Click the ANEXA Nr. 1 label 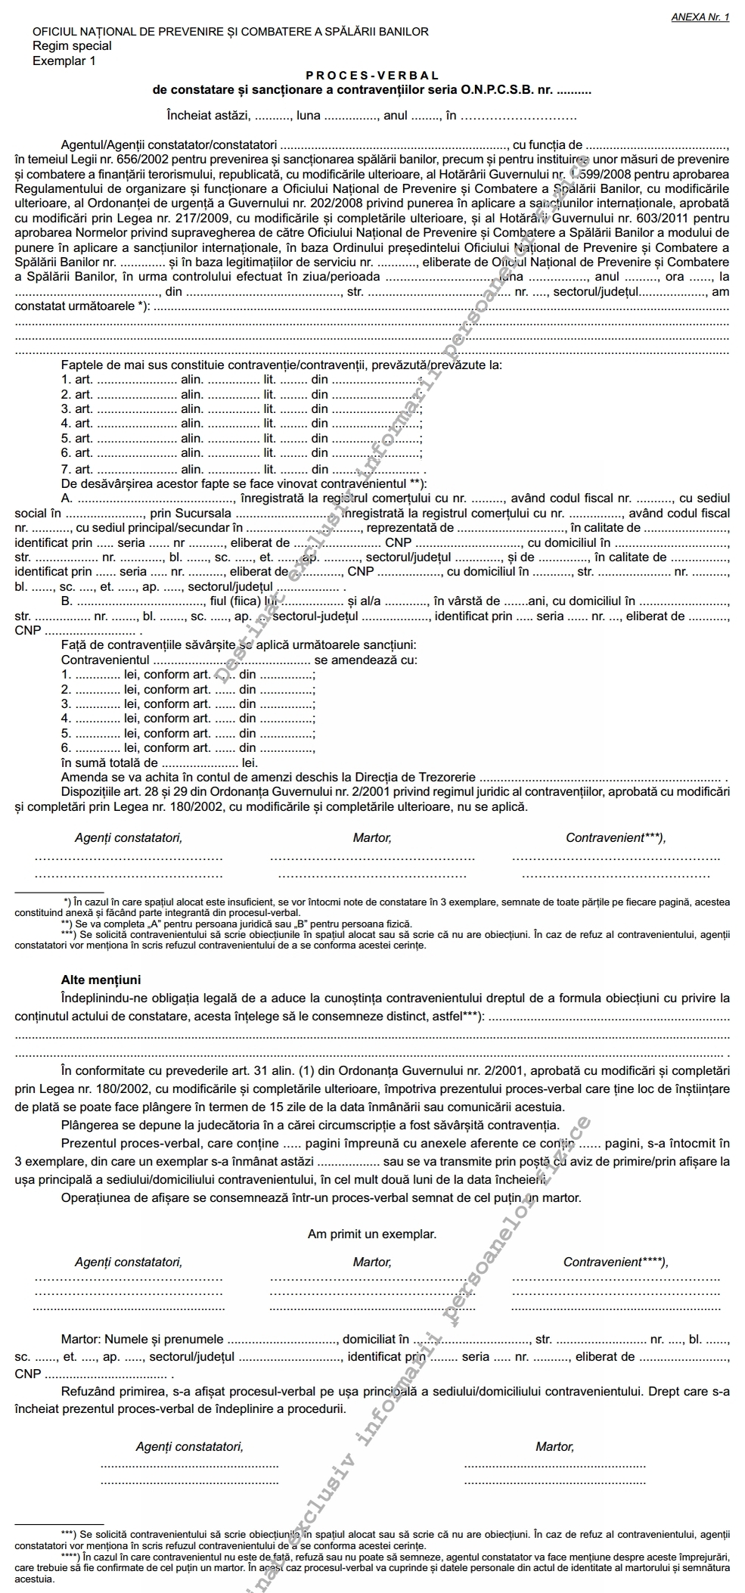[700, 17]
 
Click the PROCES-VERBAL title [372, 76]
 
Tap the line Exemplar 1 [64, 61]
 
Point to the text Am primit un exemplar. [371, 1234]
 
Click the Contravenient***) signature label [616, 837]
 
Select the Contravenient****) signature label [616, 1262]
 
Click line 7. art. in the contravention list [77, 469]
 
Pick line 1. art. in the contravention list [77, 380]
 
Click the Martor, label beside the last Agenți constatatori [554, 1446]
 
